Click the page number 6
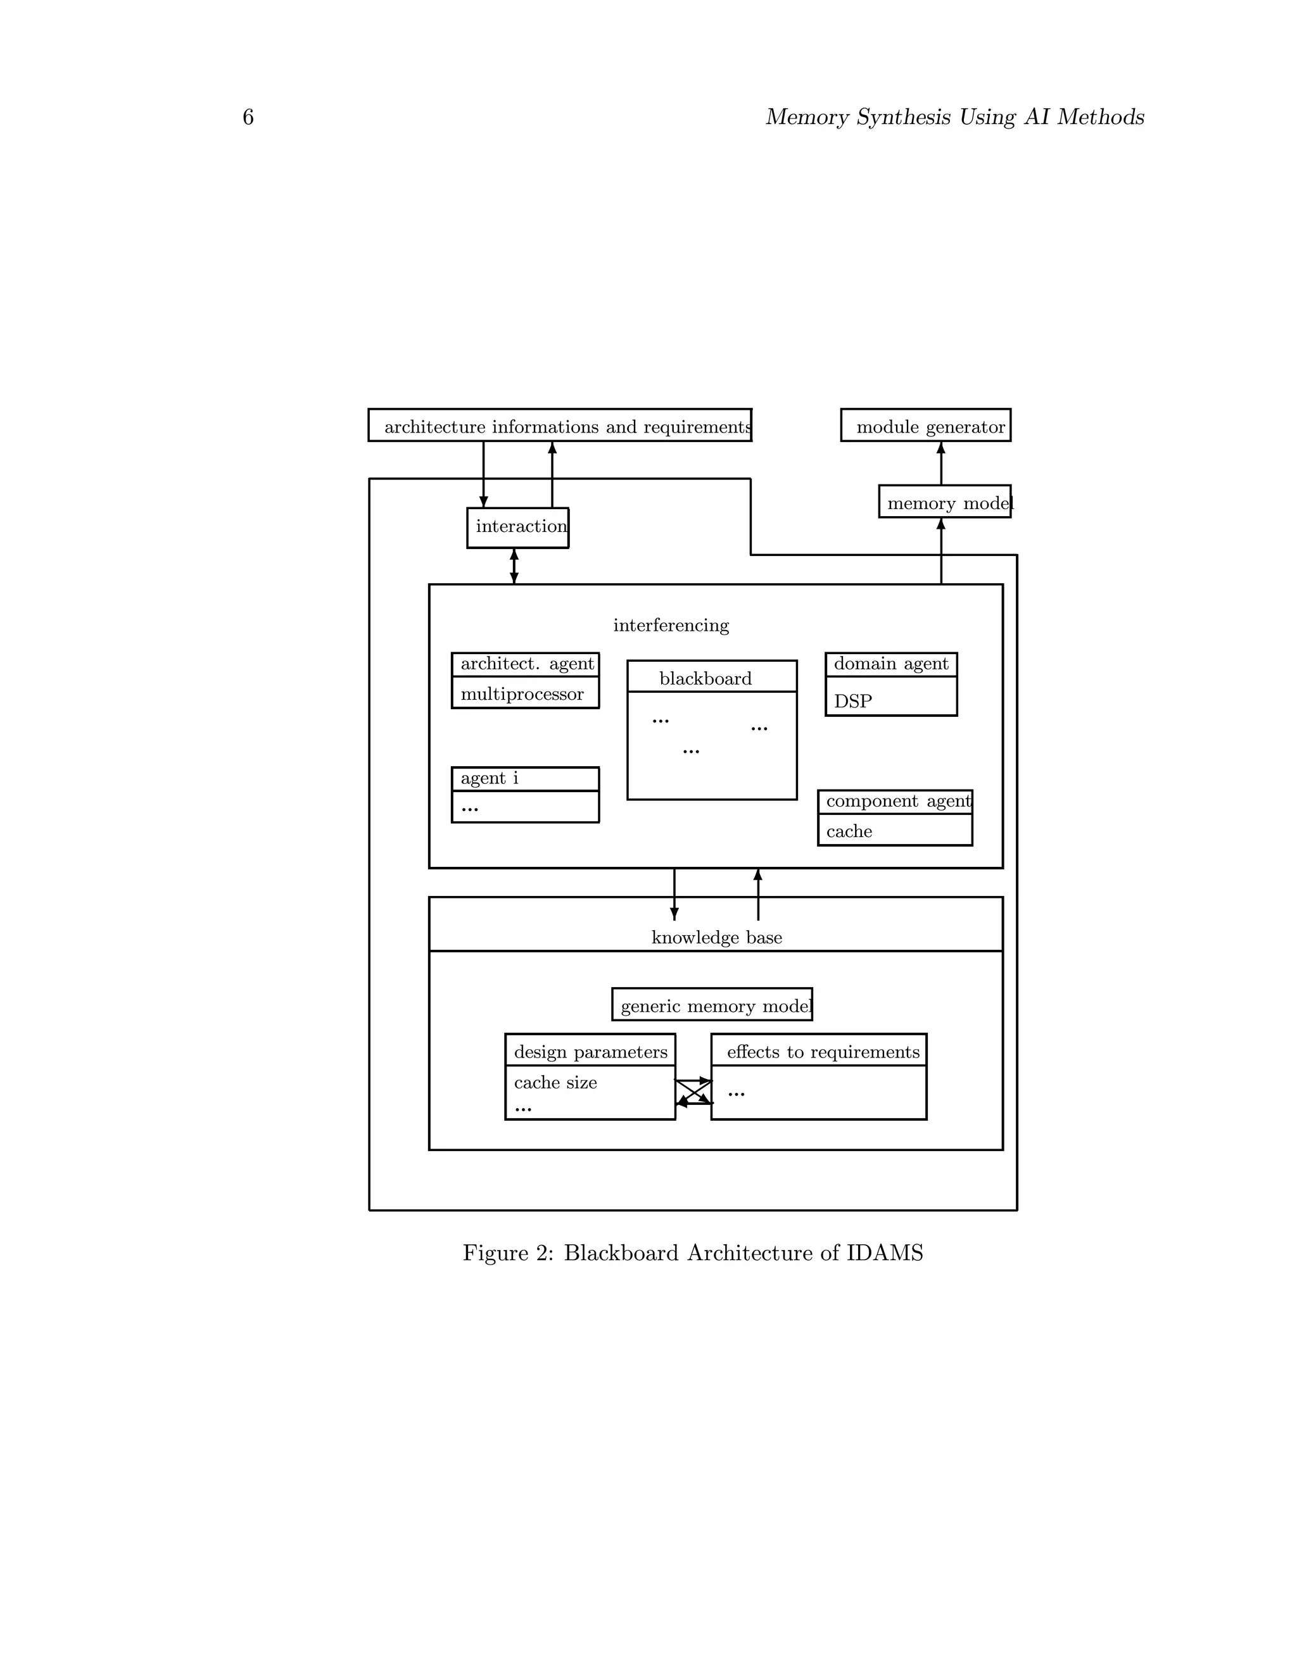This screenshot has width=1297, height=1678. [x=248, y=118]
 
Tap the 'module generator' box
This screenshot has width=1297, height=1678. [x=925, y=426]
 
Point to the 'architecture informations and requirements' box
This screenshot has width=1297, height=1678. [x=559, y=426]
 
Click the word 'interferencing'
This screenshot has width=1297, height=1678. [x=671, y=626]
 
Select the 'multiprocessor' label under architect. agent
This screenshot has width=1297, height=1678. [x=522, y=694]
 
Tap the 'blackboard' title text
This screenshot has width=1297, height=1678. [x=705, y=678]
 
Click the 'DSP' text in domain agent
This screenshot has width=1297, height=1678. [x=853, y=701]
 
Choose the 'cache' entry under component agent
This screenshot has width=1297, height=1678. [x=849, y=831]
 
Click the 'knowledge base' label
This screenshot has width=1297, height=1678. [x=716, y=937]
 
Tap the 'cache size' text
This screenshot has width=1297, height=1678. [x=555, y=1083]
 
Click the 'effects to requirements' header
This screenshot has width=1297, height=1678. [x=823, y=1052]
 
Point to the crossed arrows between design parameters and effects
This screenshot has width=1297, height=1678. [x=694, y=1092]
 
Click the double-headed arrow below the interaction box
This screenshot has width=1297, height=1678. [x=514, y=566]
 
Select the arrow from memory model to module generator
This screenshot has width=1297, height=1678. [x=940, y=464]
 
